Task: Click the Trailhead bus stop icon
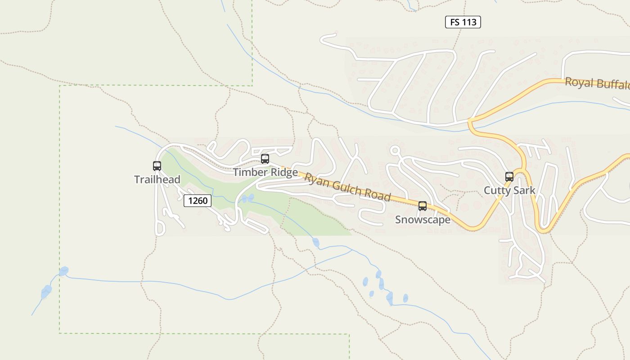157,166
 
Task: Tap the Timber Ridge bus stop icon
265,159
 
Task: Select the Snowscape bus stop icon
423,206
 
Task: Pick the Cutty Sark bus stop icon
509,177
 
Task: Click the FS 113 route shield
463,22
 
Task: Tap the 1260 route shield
198,201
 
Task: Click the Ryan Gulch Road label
347,186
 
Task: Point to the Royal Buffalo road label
597,84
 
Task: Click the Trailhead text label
157,180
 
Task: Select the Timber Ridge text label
265,172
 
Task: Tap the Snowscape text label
423,220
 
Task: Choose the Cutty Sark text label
509,190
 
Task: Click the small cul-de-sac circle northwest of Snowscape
395,150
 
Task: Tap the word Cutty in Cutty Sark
497,190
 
